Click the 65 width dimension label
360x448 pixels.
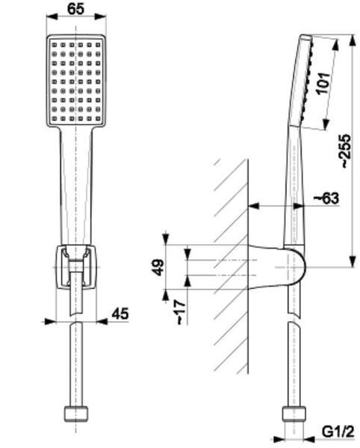(x=76, y=8)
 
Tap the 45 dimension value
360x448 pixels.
(x=120, y=314)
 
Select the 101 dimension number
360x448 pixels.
(x=323, y=83)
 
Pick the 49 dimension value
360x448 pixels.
(x=158, y=267)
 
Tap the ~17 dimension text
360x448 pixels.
(x=181, y=312)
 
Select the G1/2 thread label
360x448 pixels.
(x=338, y=432)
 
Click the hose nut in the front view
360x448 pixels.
(x=75, y=414)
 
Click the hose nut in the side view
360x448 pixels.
(x=294, y=414)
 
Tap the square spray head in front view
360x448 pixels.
(x=76, y=81)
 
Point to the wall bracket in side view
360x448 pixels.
(x=276, y=267)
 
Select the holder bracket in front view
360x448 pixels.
(x=76, y=267)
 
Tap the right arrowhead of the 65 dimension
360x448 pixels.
(x=101, y=16)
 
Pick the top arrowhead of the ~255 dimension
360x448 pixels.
(x=353, y=40)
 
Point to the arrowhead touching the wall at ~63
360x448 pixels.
(x=253, y=205)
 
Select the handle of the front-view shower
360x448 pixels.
(x=76, y=186)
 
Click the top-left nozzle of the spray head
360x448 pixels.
(x=55, y=45)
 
